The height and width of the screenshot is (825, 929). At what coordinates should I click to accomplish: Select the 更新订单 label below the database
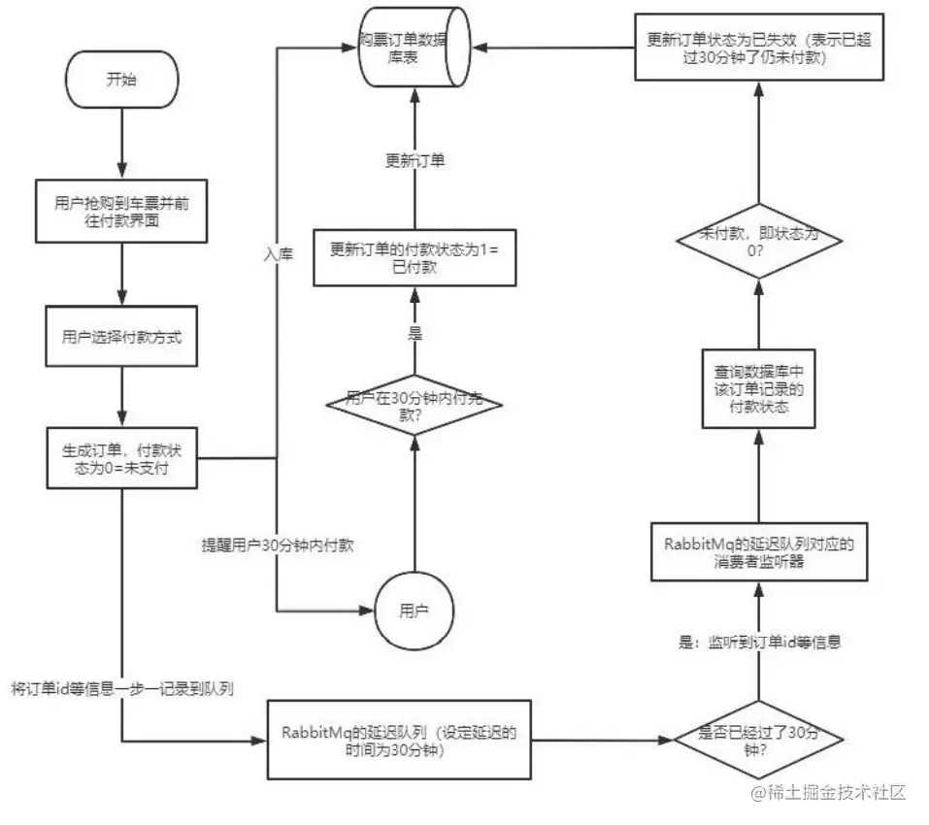(415, 161)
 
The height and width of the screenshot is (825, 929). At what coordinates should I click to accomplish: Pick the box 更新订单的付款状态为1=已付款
(415, 256)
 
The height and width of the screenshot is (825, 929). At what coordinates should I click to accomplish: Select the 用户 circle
(415, 610)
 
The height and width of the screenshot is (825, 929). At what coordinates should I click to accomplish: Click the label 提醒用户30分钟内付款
(277, 545)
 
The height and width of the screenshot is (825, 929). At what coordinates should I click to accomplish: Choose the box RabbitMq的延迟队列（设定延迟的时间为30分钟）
(400, 740)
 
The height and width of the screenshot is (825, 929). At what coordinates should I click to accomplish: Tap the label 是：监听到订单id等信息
(758, 642)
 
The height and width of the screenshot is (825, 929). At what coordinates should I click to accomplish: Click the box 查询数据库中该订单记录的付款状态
(758, 389)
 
